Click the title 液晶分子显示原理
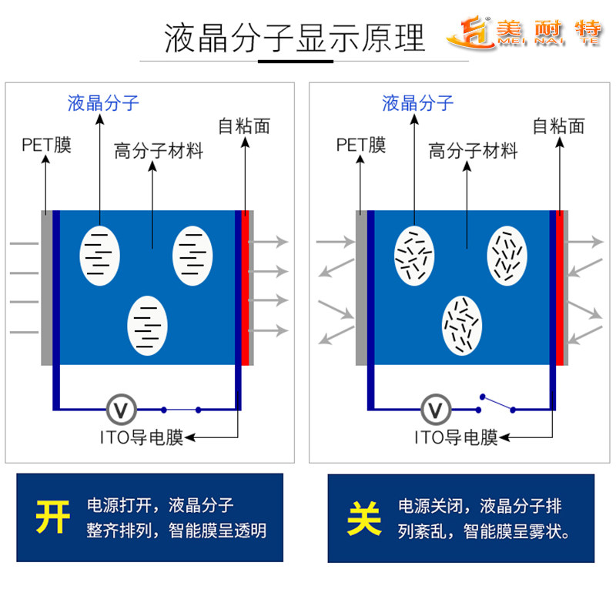294,38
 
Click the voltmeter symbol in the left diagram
120,408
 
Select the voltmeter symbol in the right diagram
435,408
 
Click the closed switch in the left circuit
181,409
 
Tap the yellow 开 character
52,517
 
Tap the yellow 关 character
364,517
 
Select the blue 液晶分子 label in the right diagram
418,102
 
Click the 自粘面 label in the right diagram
558,126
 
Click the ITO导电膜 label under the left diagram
142,438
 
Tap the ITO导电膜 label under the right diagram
456,438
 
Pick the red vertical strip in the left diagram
246,287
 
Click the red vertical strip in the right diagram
560,287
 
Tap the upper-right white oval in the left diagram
192,254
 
